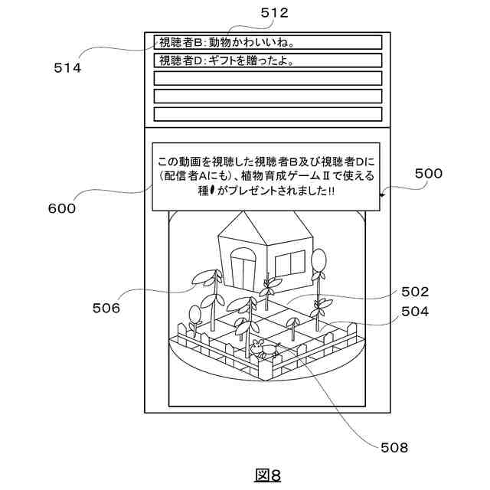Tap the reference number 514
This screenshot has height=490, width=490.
[x=67, y=67]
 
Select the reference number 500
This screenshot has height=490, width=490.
[x=429, y=174]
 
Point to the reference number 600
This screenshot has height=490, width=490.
[x=61, y=208]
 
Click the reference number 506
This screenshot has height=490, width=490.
[x=106, y=308]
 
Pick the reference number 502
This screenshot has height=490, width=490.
[x=414, y=292]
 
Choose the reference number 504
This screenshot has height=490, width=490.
[x=414, y=312]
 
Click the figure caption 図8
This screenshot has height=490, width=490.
[x=267, y=475]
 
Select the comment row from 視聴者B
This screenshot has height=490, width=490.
[x=267, y=42]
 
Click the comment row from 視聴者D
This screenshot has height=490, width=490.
[x=267, y=60]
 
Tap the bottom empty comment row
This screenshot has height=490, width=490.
[x=267, y=114]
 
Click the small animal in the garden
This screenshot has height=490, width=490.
[x=263, y=350]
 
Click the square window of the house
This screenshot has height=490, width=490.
[x=289, y=263]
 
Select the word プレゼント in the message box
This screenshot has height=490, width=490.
[x=245, y=192]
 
